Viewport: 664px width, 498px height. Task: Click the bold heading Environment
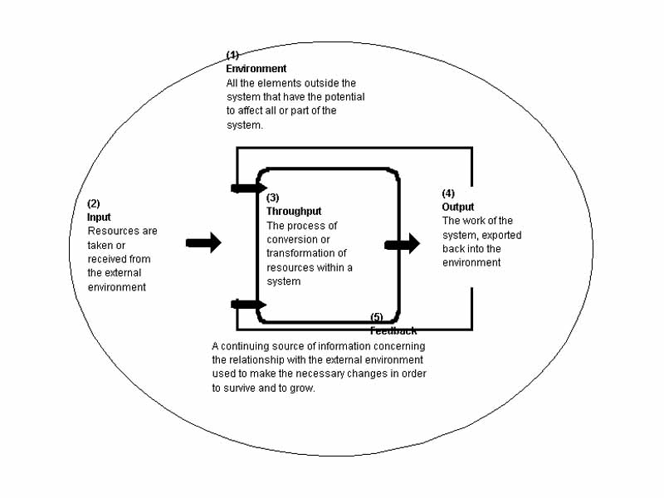(x=256, y=69)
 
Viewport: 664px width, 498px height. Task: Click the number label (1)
(x=232, y=56)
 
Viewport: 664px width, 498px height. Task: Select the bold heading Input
(x=99, y=217)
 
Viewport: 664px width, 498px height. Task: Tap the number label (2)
(x=94, y=204)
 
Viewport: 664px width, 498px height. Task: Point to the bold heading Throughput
(x=294, y=212)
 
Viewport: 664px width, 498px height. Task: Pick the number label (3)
(x=273, y=198)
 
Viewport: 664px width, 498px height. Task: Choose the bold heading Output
(x=458, y=207)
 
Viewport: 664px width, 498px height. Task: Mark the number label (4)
(x=448, y=193)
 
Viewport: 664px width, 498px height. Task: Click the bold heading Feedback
(x=393, y=330)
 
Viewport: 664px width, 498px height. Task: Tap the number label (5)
(x=377, y=317)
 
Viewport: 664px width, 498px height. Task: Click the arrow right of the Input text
(x=203, y=243)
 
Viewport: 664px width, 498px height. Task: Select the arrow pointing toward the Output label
(x=403, y=245)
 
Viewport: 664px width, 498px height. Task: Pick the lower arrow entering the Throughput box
(x=248, y=305)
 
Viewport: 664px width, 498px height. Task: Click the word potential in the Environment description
(x=346, y=96)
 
